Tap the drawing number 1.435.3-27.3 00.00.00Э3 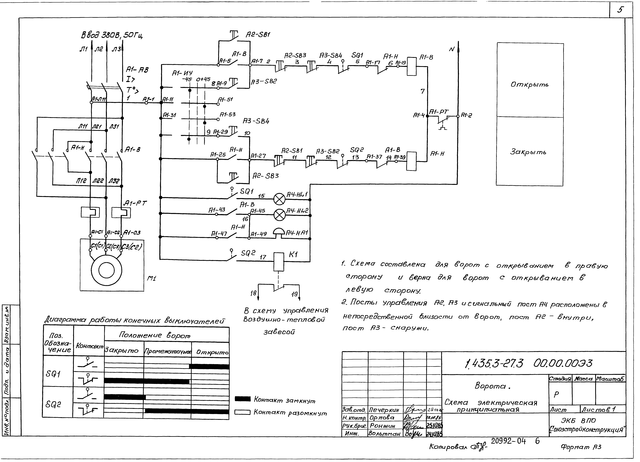click(x=528, y=364)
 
